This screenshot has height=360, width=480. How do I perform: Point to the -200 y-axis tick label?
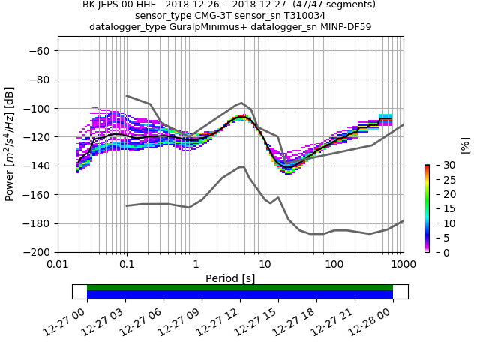(x=38, y=252)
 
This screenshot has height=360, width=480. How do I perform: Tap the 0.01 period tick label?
(x=58, y=265)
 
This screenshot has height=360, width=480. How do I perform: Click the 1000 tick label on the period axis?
(x=403, y=265)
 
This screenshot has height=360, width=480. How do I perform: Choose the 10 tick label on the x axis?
(x=265, y=265)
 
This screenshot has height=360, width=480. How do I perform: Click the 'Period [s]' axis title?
(x=230, y=278)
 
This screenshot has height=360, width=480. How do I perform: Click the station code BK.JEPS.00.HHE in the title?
(x=118, y=4)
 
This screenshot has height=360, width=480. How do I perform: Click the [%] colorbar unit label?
(x=465, y=145)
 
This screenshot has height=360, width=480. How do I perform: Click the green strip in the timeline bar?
(x=240, y=287)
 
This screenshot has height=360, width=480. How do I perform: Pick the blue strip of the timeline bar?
(x=240, y=295)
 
